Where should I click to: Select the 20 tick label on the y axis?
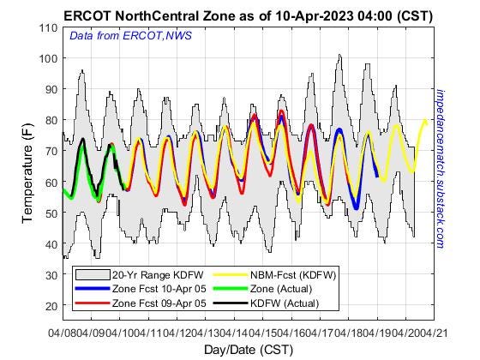(x=51, y=305)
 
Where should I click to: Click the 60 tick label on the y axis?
(x=51, y=182)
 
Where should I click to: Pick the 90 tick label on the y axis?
(x=51, y=90)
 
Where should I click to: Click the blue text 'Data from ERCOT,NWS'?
(x=130, y=36)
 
